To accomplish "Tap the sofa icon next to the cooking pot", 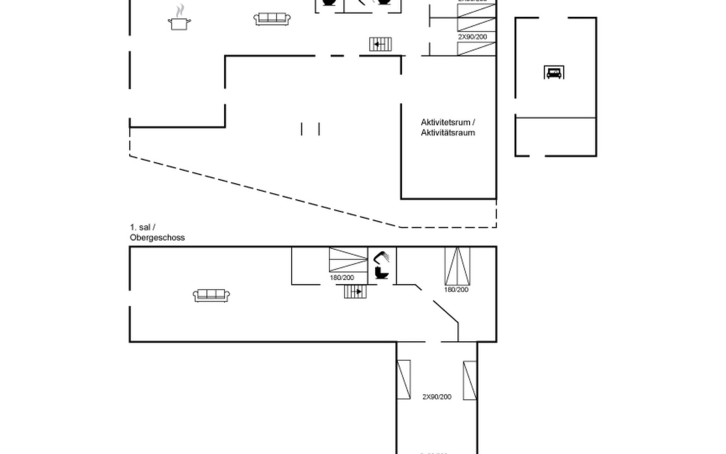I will pos(272,19).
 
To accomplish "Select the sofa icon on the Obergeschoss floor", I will pos(211,295).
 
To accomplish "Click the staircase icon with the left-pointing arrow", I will pos(380,44).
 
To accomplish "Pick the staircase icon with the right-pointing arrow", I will pos(355,292).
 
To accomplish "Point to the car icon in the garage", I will pos(554,72).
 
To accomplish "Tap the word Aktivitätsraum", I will pos(448,133).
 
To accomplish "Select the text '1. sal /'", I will pos(143,227).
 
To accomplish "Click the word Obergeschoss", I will pos(157,238).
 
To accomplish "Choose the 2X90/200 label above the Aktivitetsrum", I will pos(472,37).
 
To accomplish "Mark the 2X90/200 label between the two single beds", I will pos(437,397).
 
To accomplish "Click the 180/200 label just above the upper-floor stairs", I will pos(342,278).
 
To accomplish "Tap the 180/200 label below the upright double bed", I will pos(456,290).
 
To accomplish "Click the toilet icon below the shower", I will pos(382,273).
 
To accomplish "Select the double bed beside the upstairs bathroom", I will pos(348,260).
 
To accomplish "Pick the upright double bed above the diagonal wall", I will pos(457,266).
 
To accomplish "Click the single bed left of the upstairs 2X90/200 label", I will pos(403,379).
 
